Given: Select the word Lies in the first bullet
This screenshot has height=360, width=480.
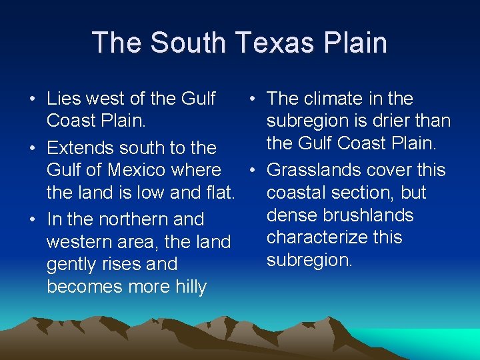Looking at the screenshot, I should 62,99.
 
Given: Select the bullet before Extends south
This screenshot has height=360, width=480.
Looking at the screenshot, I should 32,148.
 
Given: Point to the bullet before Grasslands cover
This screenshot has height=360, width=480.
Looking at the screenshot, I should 252,171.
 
